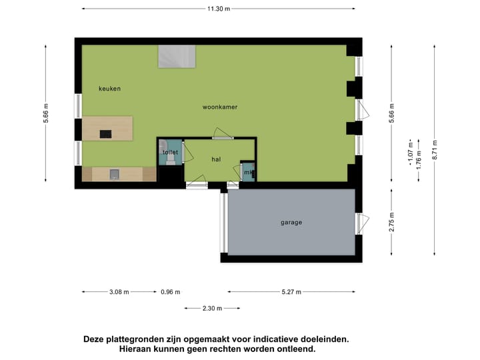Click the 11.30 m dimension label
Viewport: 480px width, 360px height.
tap(218, 9)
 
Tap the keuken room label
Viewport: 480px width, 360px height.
tap(109, 89)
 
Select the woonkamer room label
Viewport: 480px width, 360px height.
tap(220, 107)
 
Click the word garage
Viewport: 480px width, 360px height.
tap(291, 222)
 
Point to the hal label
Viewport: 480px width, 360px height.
tap(215, 159)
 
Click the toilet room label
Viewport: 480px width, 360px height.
tap(170, 153)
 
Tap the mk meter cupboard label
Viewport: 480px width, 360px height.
tap(247, 173)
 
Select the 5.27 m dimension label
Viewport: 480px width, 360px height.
tap(291, 292)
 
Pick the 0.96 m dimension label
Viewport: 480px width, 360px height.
tap(170, 292)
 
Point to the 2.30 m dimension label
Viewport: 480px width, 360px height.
tap(212, 308)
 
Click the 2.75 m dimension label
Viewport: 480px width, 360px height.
tap(392, 222)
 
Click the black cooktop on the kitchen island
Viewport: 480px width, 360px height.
tap(105, 134)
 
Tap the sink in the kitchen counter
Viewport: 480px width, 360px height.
tap(114, 175)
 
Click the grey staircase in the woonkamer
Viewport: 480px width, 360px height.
tap(177, 56)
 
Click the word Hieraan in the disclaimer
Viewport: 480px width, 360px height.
tap(137, 349)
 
